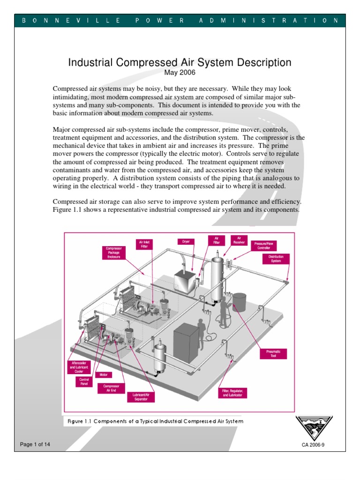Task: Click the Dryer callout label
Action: (186, 241)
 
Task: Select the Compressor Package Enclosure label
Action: (113, 253)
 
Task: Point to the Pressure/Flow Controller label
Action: (264, 246)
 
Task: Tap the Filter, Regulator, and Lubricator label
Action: (232, 393)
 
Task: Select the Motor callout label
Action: (103, 375)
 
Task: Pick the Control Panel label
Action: (84, 382)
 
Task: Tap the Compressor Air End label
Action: (108, 389)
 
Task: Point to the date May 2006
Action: (180, 73)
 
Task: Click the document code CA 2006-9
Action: (314, 445)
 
